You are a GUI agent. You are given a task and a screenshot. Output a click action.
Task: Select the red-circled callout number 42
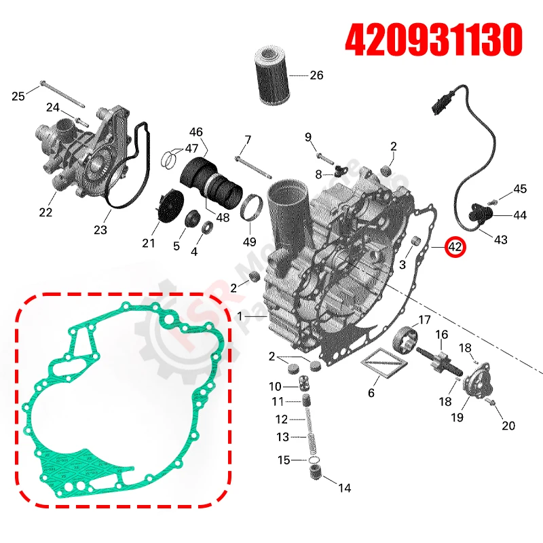(454, 248)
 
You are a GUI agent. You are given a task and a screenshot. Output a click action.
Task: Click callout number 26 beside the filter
(316, 75)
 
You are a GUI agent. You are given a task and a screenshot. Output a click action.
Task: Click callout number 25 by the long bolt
(19, 96)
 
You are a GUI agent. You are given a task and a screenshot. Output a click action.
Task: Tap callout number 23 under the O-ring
(100, 230)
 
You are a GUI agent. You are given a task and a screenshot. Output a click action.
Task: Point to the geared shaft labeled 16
(444, 362)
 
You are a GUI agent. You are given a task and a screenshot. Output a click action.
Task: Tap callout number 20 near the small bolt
(508, 426)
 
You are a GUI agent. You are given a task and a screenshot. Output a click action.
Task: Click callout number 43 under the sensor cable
(500, 240)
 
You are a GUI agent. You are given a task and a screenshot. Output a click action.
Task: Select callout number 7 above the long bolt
(247, 141)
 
